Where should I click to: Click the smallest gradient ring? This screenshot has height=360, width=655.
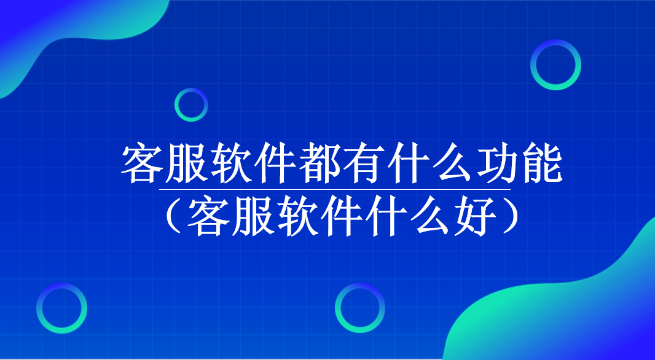[x=191, y=104]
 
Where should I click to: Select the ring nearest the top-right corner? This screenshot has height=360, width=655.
[x=555, y=65]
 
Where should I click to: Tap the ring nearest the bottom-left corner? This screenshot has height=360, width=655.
[x=61, y=308]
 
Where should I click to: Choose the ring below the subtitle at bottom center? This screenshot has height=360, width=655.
[x=360, y=308]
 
